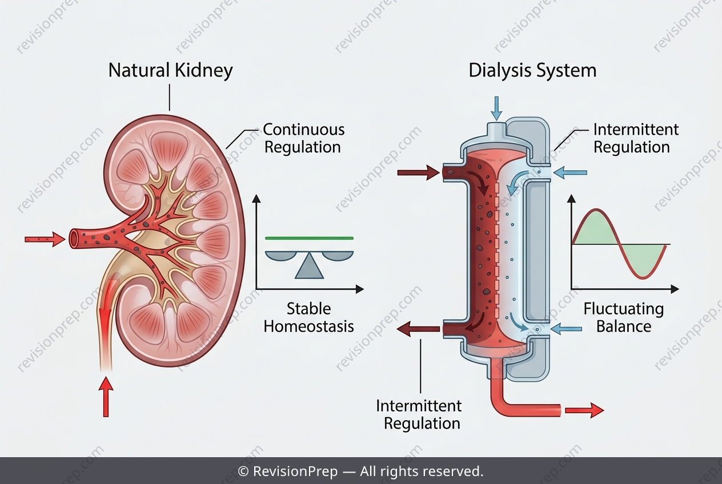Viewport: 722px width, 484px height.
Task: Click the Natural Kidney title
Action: coord(170,71)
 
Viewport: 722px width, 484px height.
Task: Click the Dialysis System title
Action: coord(532,71)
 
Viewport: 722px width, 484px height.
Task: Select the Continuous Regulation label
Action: coord(304,138)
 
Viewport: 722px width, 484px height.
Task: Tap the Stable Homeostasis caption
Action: coord(309,317)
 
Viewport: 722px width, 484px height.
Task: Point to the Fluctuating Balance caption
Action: coord(624,317)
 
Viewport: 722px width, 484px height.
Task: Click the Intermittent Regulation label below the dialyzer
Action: coord(419,415)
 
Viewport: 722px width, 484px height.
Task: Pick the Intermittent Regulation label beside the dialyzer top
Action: coord(636,138)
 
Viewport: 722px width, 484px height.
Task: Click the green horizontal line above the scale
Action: coord(309,239)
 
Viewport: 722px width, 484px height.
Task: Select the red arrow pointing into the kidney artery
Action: coord(45,239)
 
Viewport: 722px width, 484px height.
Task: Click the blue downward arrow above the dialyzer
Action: coord(496,108)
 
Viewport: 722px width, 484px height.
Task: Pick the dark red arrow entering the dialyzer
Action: coord(418,172)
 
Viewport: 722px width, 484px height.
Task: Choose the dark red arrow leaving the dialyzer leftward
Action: coord(418,329)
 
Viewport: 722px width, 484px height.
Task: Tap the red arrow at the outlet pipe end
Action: coord(584,410)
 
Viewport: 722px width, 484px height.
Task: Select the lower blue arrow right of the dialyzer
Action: coord(566,329)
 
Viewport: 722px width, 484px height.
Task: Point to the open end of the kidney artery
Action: coord(74,239)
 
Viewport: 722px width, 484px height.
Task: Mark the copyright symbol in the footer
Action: coord(243,471)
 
